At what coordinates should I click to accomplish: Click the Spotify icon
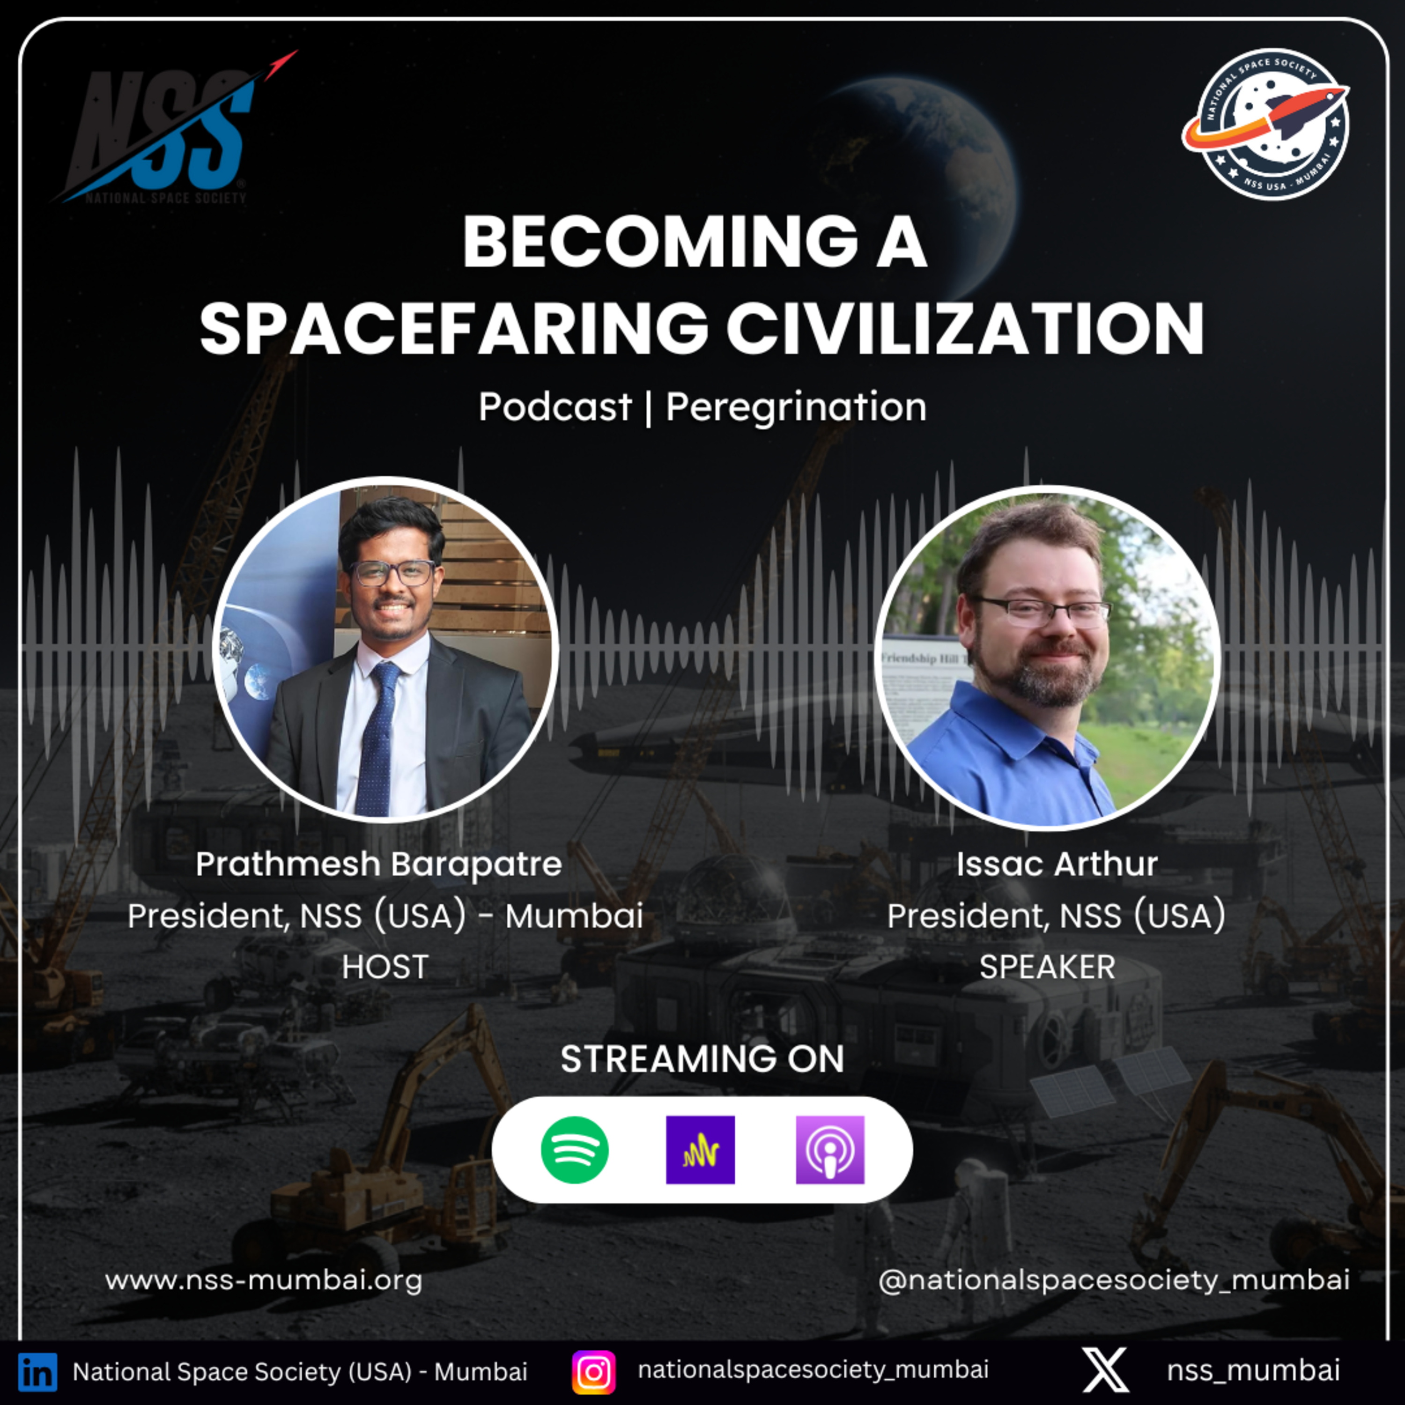tap(575, 1150)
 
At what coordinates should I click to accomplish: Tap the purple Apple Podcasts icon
tap(830, 1150)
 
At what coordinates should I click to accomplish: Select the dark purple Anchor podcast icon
tap(700, 1150)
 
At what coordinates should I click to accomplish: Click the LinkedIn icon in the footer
tap(37, 1372)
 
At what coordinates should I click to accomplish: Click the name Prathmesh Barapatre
tap(379, 865)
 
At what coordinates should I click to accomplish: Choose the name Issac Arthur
tap(1057, 864)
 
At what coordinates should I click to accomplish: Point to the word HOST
tap(385, 967)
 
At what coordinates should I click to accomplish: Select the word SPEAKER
tap(1047, 967)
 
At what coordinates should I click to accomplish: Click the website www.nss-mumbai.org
tap(263, 1280)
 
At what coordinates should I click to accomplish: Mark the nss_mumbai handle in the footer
tap(1253, 1370)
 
